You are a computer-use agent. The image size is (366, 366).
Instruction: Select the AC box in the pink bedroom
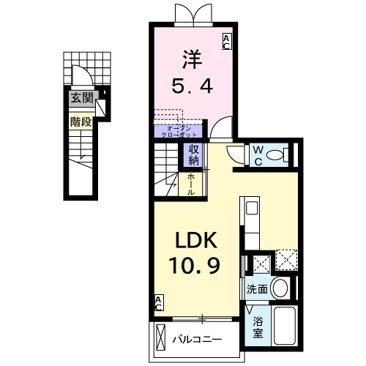coord(226,41)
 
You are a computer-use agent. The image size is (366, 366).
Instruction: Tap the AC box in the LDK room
coord(159,302)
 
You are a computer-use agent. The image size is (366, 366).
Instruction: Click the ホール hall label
coord(191,184)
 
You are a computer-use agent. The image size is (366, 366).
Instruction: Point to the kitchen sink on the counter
coord(251,210)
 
